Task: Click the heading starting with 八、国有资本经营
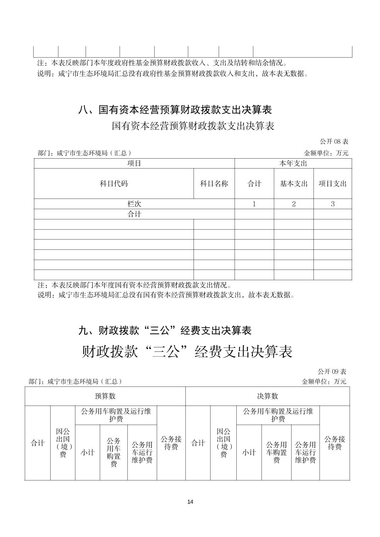point(175,110)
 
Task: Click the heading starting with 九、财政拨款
point(165,330)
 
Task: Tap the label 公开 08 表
point(334,142)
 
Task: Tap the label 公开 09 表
point(332,371)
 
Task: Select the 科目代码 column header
point(114,183)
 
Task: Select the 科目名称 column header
point(214,183)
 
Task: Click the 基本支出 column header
point(294,183)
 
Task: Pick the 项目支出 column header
point(333,183)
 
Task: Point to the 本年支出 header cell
point(293,163)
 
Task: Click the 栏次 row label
point(134,204)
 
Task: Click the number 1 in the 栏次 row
point(254,204)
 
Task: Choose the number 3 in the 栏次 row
point(333,204)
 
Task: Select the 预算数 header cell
point(105,396)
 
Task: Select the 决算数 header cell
point(267,396)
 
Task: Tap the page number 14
point(190,502)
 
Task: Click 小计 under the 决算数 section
point(249,452)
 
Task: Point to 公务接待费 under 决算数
point(334,443)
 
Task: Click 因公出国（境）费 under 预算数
point(63,443)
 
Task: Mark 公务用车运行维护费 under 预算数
point(142,452)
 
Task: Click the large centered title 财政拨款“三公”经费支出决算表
point(187,352)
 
